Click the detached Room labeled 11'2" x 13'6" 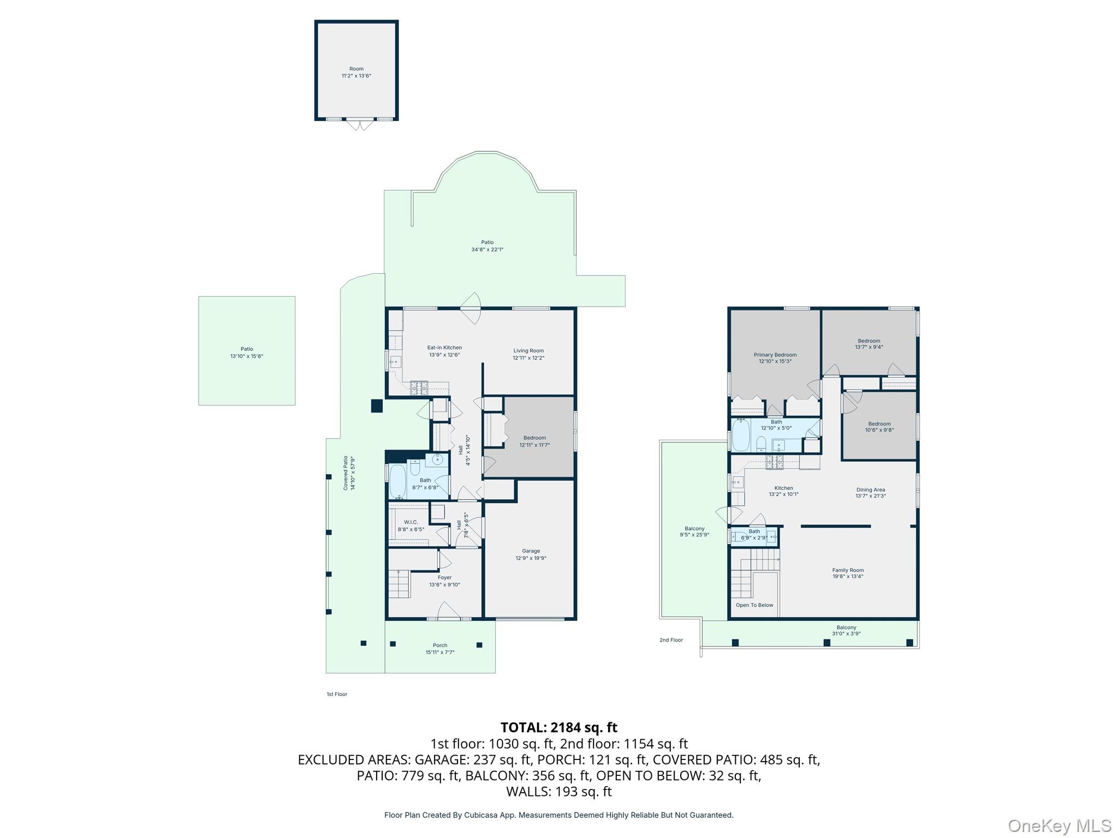tap(356, 72)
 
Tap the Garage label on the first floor tap(531, 551)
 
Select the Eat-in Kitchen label tap(444, 348)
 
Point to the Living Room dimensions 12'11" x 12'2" tap(528, 358)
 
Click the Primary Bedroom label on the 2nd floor tap(775, 355)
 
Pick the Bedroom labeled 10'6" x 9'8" tap(879, 427)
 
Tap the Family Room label tap(847, 570)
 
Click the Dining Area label tap(870, 490)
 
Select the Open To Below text tap(754, 605)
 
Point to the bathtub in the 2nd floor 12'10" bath tap(741, 435)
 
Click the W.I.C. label tap(411, 522)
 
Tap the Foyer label tap(444, 577)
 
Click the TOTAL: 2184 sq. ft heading tap(558, 727)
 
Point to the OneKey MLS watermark tap(1059, 826)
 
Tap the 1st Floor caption tap(337, 694)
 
